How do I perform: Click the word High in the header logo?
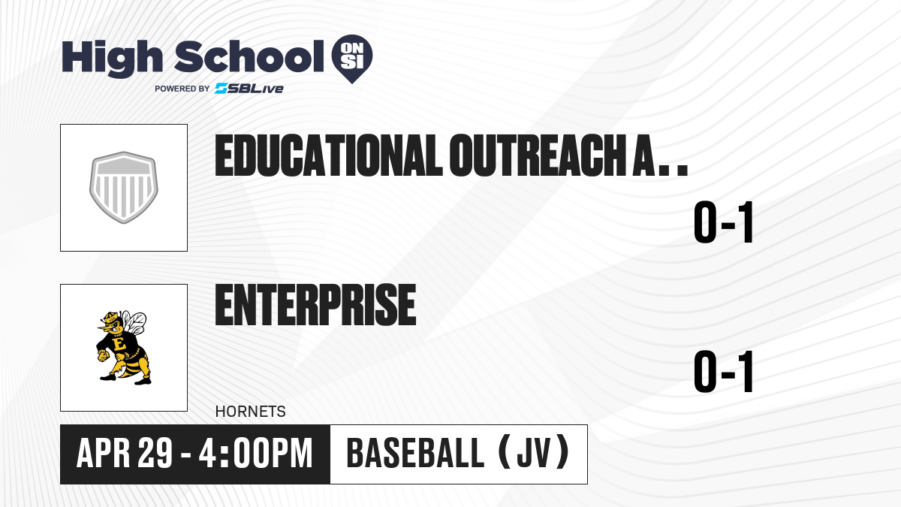(112, 59)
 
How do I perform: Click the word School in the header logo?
(249, 56)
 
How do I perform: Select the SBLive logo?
(249, 89)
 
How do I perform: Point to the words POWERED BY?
(182, 89)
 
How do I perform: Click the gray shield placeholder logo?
(123, 188)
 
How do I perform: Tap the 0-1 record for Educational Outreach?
(723, 222)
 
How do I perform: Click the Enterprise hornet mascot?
(122, 348)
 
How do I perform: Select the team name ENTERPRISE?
(316, 305)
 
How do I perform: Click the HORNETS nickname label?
(251, 412)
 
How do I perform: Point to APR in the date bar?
(104, 454)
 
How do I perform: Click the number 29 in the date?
(155, 454)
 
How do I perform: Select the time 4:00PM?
(256, 454)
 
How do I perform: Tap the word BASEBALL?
(415, 454)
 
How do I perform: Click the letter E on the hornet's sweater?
(119, 345)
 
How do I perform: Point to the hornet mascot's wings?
(134, 322)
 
